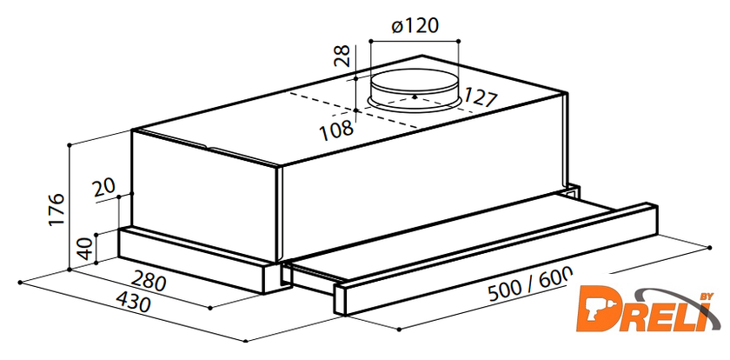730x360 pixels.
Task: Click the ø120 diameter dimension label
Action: point(415,26)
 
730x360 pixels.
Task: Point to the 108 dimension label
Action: point(336,130)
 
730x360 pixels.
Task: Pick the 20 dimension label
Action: point(103,188)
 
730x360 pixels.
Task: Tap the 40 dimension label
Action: point(85,248)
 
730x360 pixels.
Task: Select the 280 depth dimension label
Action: point(149,281)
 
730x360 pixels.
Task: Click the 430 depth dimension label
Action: point(133,302)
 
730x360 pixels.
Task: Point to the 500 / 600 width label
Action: point(529,285)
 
